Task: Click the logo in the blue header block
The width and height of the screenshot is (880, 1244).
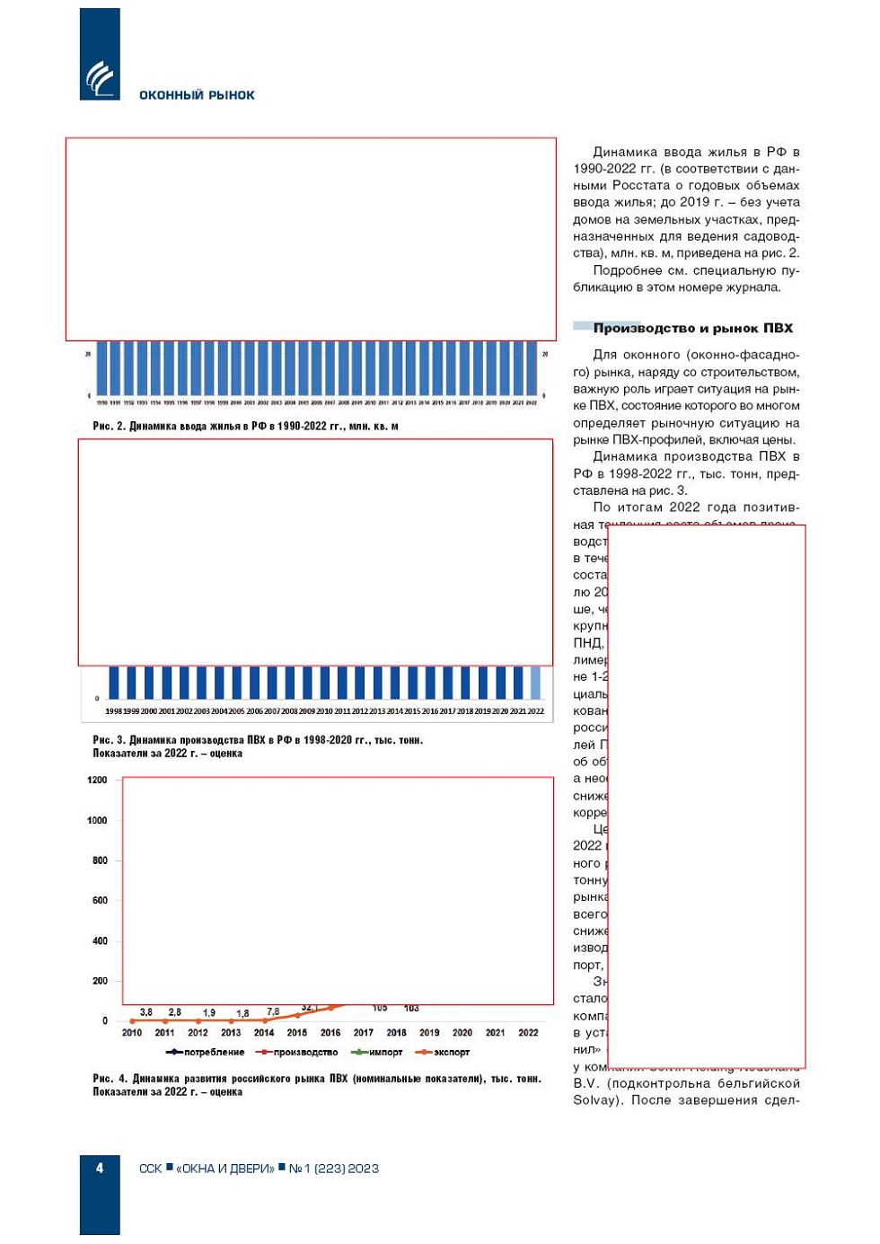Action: pyautogui.click(x=100, y=78)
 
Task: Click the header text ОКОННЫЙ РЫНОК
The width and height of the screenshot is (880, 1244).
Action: pyautogui.click(x=197, y=95)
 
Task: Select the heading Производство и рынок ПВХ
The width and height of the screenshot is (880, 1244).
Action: pyautogui.click(x=692, y=328)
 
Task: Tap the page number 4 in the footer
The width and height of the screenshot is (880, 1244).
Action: pyautogui.click(x=100, y=1168)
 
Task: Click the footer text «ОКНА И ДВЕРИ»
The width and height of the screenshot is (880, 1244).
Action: pyautogui.click(x=224, y=1169)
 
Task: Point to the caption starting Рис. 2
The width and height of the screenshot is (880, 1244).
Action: pyautogui.click(x=245, y=426)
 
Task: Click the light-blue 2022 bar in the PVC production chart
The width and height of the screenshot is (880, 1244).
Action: pyautogui.click(x=536, y=682)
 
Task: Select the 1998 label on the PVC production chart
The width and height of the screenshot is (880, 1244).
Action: pyautogui.click(x=113, y=711)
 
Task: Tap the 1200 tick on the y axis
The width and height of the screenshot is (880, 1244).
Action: pyautogui.click(x=97, y=780)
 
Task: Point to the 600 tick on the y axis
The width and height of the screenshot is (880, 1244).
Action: pyautogui.click(x=100, y=900)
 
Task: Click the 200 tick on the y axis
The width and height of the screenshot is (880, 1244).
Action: pyautogui.click(x=100, y=981)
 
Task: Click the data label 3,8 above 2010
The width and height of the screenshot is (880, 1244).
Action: pyautogui.click(x=146, y=1012)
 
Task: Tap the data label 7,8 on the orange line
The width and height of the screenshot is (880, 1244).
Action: pyautogui.click(x=273, y=1012)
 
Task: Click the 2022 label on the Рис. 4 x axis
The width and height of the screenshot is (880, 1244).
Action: pyautogui.click(x=528, y=1033)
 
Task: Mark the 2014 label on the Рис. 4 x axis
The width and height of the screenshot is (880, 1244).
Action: pyautogui.click(x=264, y=1033)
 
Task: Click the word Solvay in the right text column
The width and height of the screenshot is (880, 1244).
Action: pyautogui.click(x=596, y=1100)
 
